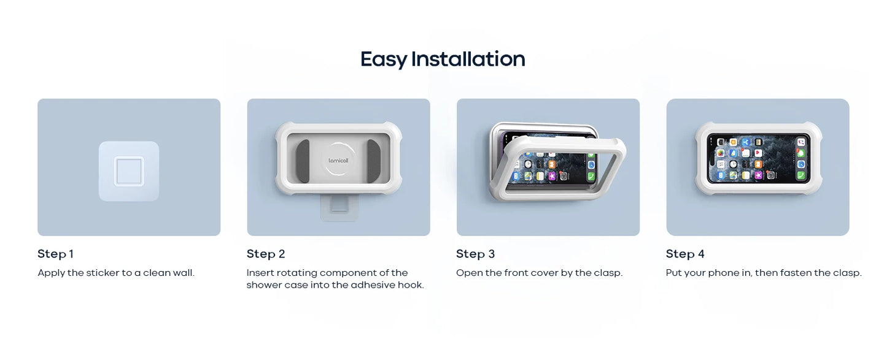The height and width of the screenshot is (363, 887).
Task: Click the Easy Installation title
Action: point(443,59)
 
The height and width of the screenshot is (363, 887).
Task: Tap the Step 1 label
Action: point(55,254)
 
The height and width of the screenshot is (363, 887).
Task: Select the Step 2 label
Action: point(266,254)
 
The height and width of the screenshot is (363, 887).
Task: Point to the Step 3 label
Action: point(475,254)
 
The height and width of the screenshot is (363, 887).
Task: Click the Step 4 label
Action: point(685,254)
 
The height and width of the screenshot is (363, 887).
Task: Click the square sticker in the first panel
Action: point(129,171)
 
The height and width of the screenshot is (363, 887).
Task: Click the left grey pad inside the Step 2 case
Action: point(303,161)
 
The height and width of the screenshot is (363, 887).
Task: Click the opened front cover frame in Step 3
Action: point(562,178)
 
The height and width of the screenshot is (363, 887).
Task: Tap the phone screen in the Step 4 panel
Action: point(758,158)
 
